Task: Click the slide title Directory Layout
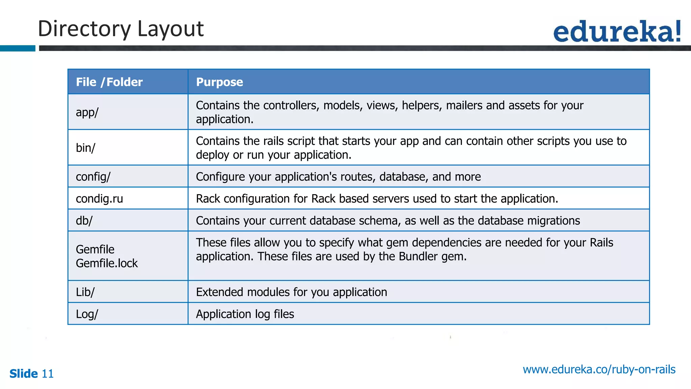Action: tap(120, 29)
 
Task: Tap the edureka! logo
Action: tap(617, 31)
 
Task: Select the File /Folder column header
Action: tap(109, 82)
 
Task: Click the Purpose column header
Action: tap(219, 82)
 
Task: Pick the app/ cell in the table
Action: tap(87, 112)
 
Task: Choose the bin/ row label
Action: tap(86, 148)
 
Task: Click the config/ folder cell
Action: tap(93, 177)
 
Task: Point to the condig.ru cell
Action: tap(99, 199)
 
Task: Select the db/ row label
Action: tap(84, 221)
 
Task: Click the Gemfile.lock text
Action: tap(107, 263)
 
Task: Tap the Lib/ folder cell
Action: tap(85, 292)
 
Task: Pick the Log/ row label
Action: tap(87, 314)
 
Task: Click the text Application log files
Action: tap(245, 314)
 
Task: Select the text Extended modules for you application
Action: tap(292, 292)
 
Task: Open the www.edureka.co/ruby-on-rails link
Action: tap(599, 369)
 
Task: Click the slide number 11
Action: tap(48, 374)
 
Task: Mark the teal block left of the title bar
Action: tap(18, 48)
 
